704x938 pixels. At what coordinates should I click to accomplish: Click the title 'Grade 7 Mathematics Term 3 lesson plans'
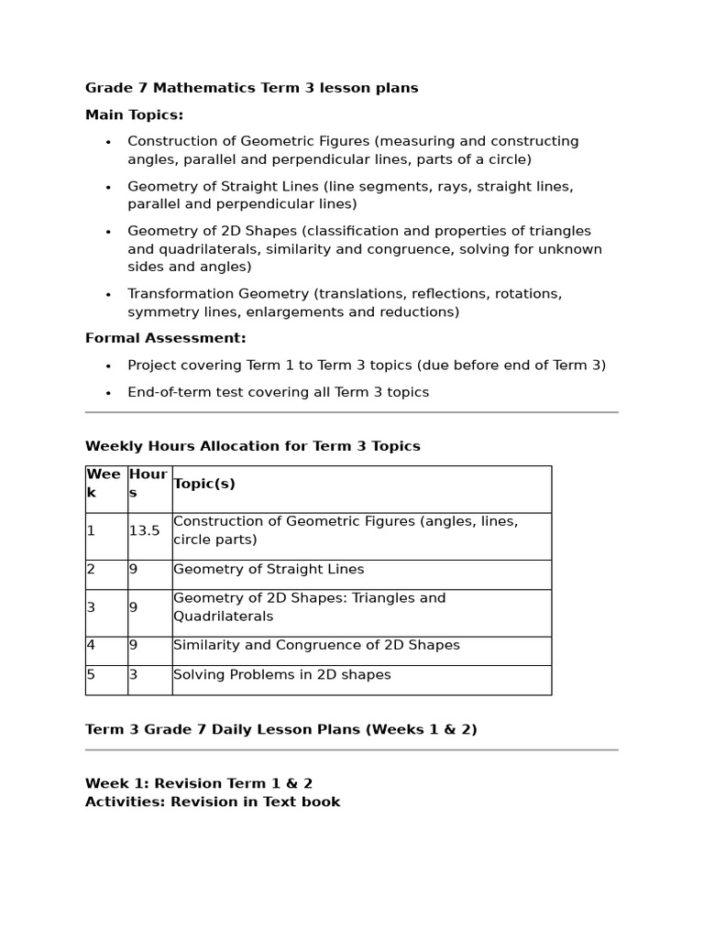point(251,88)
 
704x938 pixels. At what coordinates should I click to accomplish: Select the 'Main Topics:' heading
point(134,115)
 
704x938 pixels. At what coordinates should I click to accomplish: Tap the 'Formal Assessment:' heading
point(165,338)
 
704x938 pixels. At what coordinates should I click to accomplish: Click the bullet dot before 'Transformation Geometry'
point(108,295)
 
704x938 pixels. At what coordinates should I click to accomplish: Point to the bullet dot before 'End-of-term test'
point(108,393)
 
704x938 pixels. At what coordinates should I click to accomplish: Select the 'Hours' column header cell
point(148,484)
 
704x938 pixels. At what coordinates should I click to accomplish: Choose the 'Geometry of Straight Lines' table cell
point(269,569)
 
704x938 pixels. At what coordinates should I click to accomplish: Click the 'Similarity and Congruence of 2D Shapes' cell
point(316,645)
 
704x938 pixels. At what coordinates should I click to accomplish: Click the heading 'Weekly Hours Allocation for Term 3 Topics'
point(252,446)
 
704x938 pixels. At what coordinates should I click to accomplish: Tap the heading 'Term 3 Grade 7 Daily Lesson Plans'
point(280,730)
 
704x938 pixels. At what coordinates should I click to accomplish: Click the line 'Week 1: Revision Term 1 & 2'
point(198,783)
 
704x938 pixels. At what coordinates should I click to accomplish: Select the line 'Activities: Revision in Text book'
point(212,802)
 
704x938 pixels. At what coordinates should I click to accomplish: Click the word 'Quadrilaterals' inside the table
point(223,616)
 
